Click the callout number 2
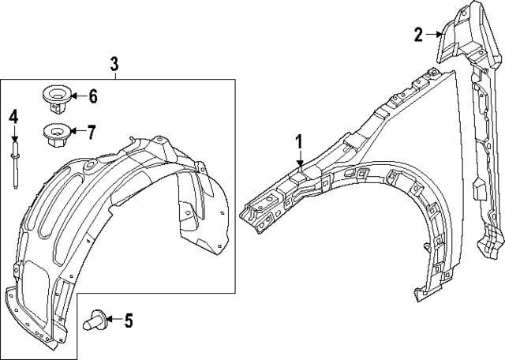(418, 33)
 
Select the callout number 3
(114, 62)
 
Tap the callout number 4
(13, 117)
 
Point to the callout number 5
(129, 321)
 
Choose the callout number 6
(92, 97)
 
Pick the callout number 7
(92, 130)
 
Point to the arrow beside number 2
(434, 33)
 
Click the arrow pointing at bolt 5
(113, 320)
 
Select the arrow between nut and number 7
(77, 131)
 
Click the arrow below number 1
(300, 160)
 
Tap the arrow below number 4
(13, 133)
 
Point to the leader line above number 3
(114, 77)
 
